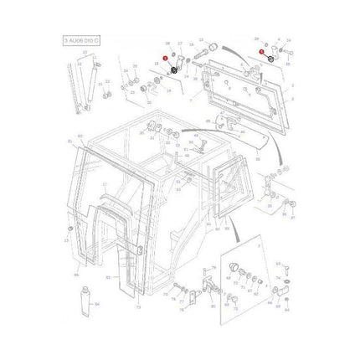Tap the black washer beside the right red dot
tap(270, 61)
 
